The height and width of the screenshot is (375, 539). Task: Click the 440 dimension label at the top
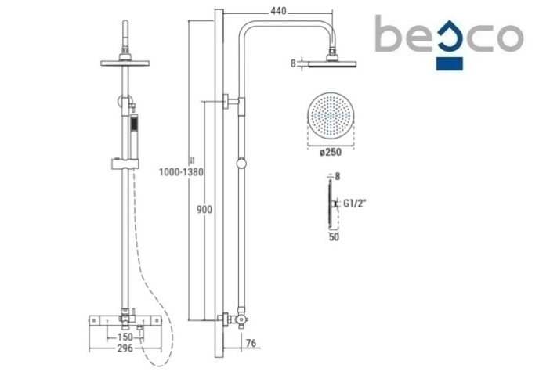(278, 11)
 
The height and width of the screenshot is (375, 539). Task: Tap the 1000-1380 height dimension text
(181, 171)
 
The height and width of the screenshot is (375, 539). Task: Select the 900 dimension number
(204, 209)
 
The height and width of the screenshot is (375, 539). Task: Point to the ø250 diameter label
(331, 152)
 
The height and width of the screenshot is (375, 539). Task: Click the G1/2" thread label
(355, 204)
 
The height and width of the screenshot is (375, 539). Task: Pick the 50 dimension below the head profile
(334, 237)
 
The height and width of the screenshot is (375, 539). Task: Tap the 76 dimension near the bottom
(251, 343)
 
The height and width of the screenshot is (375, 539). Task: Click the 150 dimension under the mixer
(125, 337)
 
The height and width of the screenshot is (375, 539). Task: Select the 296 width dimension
(125, 348)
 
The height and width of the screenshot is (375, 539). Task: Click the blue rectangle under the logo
(450, 64)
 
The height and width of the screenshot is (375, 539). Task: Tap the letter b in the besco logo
(389, 34)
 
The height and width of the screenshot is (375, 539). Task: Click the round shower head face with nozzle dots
(331, 116)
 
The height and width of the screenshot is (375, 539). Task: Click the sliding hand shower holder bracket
(125, 164)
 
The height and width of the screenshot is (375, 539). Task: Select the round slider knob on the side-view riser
(241, 164)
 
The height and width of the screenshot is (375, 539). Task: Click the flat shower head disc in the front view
(125, 63)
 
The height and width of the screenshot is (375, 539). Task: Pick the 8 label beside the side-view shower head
(293, 63)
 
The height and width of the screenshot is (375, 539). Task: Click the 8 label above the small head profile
(337, 176)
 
